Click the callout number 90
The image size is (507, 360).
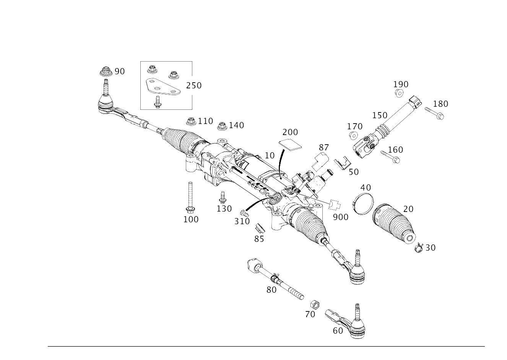coord(120,72)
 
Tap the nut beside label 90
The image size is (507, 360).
coord(106,72)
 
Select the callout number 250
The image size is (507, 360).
coord(193,85)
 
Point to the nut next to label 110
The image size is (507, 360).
coord(190,122)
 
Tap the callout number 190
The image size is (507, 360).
coord(401,84)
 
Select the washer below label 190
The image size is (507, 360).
coord(399,94)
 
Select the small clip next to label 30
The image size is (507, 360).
coord(419,248)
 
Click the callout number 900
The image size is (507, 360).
coord(340,217)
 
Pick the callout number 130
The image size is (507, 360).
coord(224,209)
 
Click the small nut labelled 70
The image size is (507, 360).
coord(315,304)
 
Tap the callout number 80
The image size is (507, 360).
coord(271,290)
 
